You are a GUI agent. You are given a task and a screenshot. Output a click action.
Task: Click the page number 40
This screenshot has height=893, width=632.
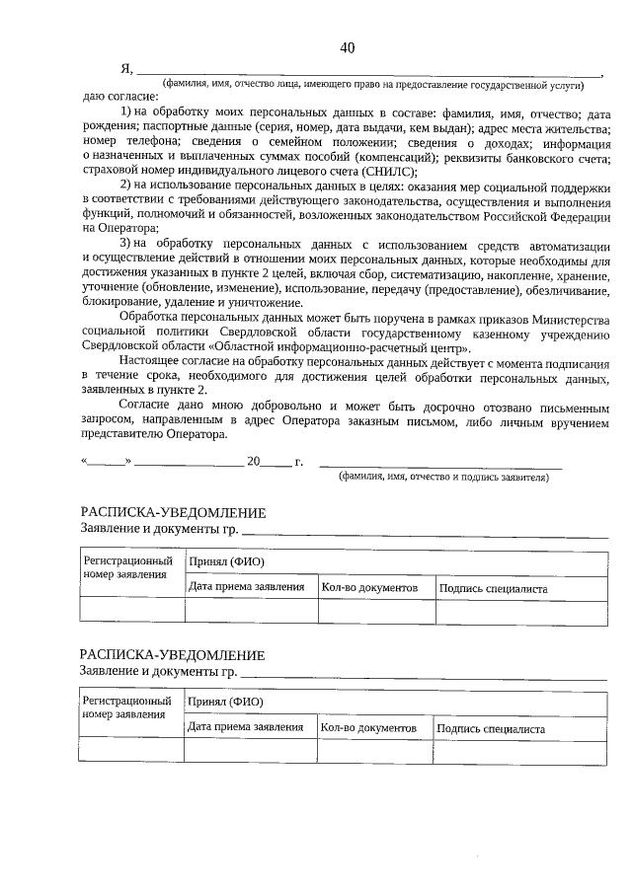[347, 48]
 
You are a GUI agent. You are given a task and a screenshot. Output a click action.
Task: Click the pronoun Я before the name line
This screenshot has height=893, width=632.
[125, 68]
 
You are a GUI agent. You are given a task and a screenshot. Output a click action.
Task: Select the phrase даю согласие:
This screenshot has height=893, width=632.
[119, 97]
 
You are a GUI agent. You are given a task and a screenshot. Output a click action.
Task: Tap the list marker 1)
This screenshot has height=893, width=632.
[127, 113]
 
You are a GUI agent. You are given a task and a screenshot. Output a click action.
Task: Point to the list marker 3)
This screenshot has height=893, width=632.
[127, 244]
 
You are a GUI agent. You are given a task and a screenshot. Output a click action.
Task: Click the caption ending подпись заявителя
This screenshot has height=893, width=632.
[443, 477]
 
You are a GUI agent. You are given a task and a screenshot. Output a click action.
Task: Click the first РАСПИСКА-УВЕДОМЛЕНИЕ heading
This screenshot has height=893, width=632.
[173, 513]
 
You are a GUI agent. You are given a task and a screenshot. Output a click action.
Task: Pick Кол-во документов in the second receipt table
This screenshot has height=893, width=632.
[361, 728]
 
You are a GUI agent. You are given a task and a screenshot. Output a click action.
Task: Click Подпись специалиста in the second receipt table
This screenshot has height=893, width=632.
[490, 728]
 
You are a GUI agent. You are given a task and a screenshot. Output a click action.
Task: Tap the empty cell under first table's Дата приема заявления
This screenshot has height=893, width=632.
[251, 611]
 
